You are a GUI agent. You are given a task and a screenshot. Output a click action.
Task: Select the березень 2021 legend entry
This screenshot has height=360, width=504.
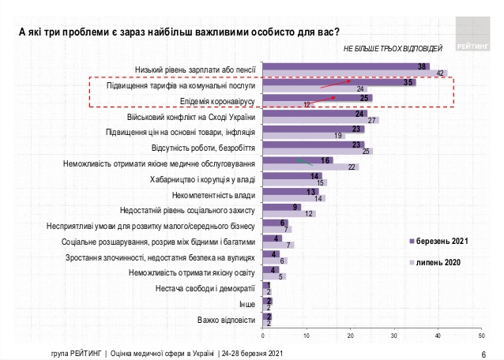[434, 240]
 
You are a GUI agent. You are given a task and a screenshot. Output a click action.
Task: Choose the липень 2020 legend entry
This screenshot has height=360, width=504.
[433, 261]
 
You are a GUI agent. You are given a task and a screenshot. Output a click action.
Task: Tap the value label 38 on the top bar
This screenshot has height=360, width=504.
[423, 66]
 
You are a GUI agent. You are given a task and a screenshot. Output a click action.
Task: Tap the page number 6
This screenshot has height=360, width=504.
[483, 353]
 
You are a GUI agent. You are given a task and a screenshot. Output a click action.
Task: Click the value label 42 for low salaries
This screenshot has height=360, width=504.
[442, 73]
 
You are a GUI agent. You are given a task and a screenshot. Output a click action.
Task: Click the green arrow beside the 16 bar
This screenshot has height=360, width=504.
[301, 160]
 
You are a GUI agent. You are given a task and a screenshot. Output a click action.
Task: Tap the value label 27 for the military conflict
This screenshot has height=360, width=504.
[374, 120]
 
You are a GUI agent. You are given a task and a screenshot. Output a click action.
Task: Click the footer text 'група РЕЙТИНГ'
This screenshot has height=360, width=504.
[70, 353]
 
